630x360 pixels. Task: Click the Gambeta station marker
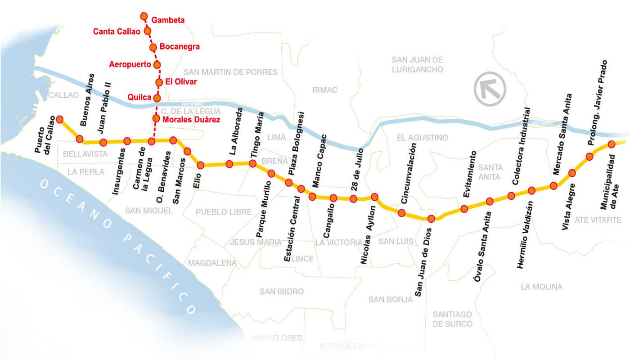pos(144,17)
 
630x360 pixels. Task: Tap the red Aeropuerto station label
pos(130,64)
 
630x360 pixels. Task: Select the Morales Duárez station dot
pos(156,118)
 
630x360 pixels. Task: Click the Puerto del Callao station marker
pos(59,119)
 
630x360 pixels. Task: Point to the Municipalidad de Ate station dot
pos(611,144)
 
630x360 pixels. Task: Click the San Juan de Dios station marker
pos(431,219)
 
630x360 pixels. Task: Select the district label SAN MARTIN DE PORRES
pos(230,72)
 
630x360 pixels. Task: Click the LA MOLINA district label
pos(541,287)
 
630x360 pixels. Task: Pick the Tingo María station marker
pos(252,163)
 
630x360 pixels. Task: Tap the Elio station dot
pos(201,165)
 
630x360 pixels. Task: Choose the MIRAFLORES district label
pos(277,338)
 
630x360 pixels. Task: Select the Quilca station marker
pos(157,98)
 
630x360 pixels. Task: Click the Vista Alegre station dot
pos(572,173)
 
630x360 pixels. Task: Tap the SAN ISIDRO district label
pos(282,292)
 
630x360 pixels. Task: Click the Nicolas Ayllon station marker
pos(374,197)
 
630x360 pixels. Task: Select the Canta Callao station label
pos(117,31)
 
